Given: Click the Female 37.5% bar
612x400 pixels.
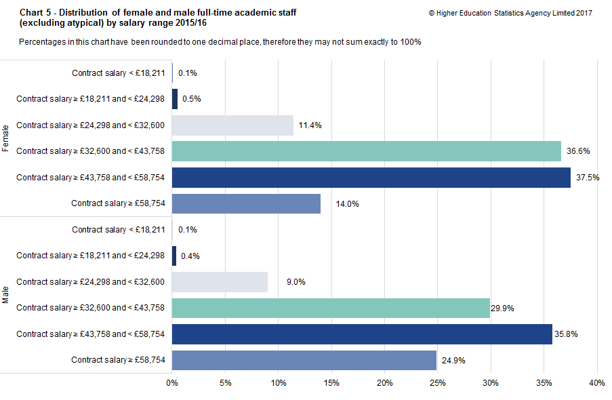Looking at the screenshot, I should [371, 178].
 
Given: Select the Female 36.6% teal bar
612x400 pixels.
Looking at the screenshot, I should [367, 151].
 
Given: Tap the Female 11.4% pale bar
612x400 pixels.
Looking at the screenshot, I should [232, 125].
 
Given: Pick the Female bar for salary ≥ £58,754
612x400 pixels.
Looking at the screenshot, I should [246, 203].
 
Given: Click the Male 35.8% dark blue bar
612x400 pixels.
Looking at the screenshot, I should [362, 334].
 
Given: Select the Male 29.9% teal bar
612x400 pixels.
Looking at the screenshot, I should [331, 308].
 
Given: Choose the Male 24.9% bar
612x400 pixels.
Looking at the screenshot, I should [304, 360].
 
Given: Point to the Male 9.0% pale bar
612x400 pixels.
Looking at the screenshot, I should [220, 282].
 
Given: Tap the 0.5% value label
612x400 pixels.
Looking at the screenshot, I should [192, 99].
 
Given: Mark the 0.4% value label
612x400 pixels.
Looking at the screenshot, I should [190, 256].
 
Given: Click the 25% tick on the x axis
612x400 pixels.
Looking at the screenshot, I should [437, 384].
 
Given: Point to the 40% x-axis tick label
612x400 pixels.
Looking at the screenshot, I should [596, 384].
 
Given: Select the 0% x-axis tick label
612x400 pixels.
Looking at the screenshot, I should [172, 384].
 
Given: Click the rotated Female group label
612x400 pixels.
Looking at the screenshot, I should [6, 138].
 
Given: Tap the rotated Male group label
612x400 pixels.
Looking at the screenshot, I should [6, 295].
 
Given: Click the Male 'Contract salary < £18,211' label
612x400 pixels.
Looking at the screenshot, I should [119, 230].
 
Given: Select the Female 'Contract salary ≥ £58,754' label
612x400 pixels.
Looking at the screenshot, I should [118, 203].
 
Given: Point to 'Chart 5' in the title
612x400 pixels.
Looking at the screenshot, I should [35, 13].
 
